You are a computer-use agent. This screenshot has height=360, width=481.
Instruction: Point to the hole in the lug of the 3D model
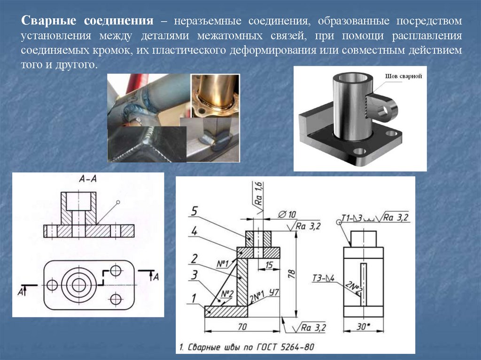(386, 110)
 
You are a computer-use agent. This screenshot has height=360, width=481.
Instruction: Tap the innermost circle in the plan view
(78, 284)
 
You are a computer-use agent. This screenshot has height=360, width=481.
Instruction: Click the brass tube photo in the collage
(214, 96)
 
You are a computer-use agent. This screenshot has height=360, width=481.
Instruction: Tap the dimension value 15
(270, 265)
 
